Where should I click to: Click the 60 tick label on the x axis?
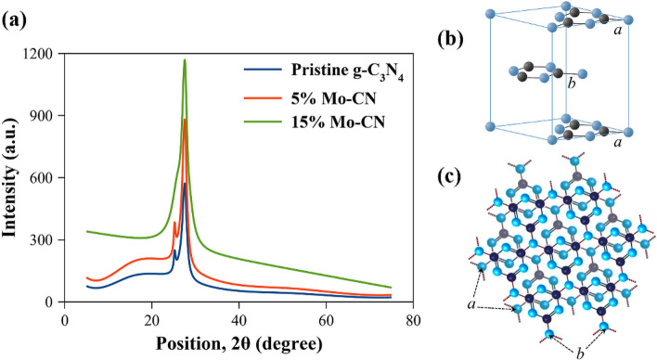point(326,320)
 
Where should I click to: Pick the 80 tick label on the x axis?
point(413,320)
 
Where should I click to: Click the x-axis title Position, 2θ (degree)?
point(238,343)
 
